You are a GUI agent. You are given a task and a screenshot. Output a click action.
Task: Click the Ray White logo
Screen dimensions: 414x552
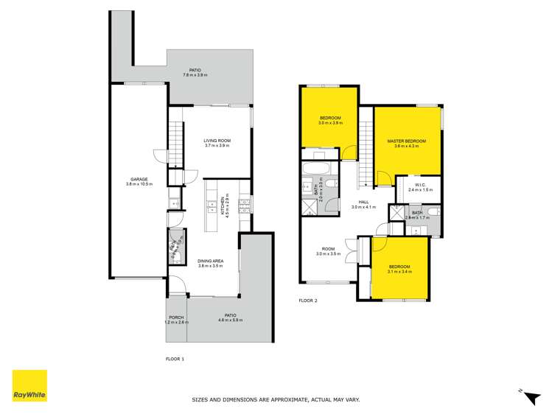[29, 385]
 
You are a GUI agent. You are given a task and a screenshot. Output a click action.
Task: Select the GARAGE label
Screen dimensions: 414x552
[139, 179]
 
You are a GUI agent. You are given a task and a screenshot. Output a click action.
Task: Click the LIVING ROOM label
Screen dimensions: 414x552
[217, 140]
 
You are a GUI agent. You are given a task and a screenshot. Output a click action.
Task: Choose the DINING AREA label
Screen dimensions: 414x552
[211, 261]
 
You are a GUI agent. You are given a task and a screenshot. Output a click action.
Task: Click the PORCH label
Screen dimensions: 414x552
[176, 317]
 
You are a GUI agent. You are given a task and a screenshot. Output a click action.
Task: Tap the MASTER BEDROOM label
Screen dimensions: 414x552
[407, 141]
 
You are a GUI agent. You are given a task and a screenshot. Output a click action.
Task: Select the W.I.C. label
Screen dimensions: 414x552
[422, 185]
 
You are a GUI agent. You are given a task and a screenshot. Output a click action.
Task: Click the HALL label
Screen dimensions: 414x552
[364, 202]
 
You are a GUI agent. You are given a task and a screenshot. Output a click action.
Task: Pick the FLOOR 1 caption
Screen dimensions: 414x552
[175, 358]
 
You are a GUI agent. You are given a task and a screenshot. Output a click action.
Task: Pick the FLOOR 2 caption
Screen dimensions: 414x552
[307, 301]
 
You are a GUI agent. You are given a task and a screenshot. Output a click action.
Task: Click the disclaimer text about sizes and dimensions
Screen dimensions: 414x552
[276, 400]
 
